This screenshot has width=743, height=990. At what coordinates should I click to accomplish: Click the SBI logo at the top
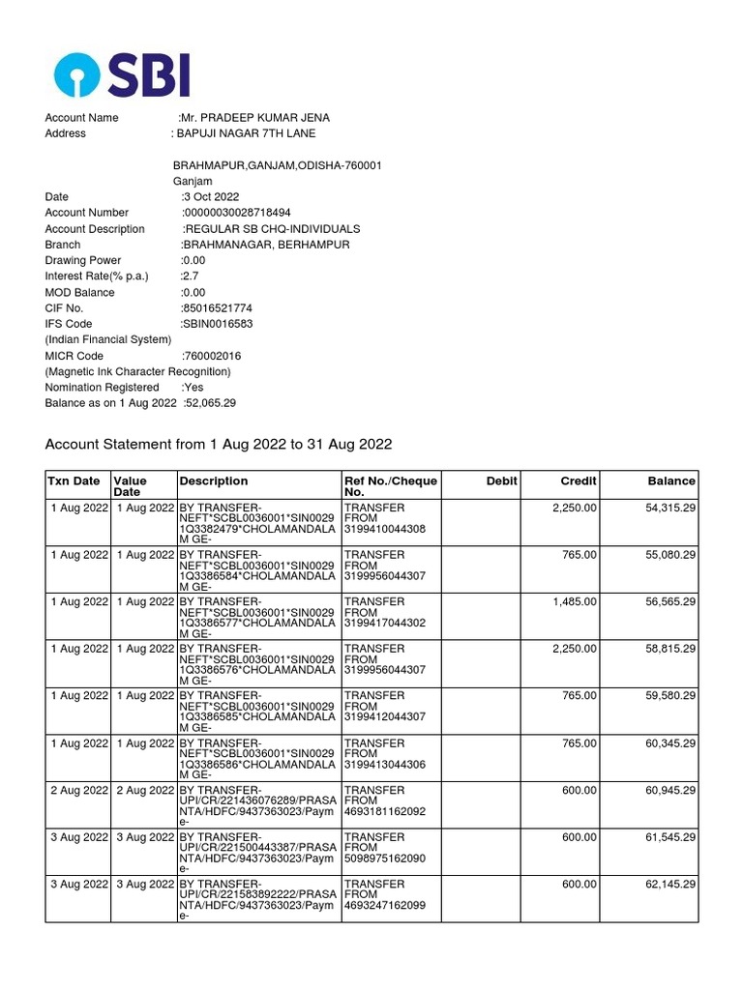pos(122,74)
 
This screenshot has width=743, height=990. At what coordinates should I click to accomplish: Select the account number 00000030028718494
pos(238,213)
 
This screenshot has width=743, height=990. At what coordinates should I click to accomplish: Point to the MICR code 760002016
pos(213,356)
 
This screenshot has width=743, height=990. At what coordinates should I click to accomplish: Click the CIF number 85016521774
pos(218,308)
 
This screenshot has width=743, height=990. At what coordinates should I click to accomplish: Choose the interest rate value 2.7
pos(191,277)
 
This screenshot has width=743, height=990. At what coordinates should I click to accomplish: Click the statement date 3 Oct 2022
pos(211,197)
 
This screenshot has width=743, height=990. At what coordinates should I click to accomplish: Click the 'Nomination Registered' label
pos(102,388)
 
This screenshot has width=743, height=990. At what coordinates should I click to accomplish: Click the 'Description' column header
pos(214,481)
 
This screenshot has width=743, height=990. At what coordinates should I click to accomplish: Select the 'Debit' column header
pos(502,481)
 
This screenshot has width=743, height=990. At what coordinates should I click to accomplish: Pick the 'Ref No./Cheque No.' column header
pos(390,486)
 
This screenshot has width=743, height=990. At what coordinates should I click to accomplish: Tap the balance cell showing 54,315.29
pos(670,509)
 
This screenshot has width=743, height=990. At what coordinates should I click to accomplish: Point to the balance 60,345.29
pos(670,743)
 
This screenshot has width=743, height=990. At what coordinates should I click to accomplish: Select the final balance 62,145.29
pos(670,885)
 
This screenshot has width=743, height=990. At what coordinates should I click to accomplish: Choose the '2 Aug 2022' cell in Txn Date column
pos(79,791)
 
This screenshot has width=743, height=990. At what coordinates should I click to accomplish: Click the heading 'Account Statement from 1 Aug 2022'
pos(219,445)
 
